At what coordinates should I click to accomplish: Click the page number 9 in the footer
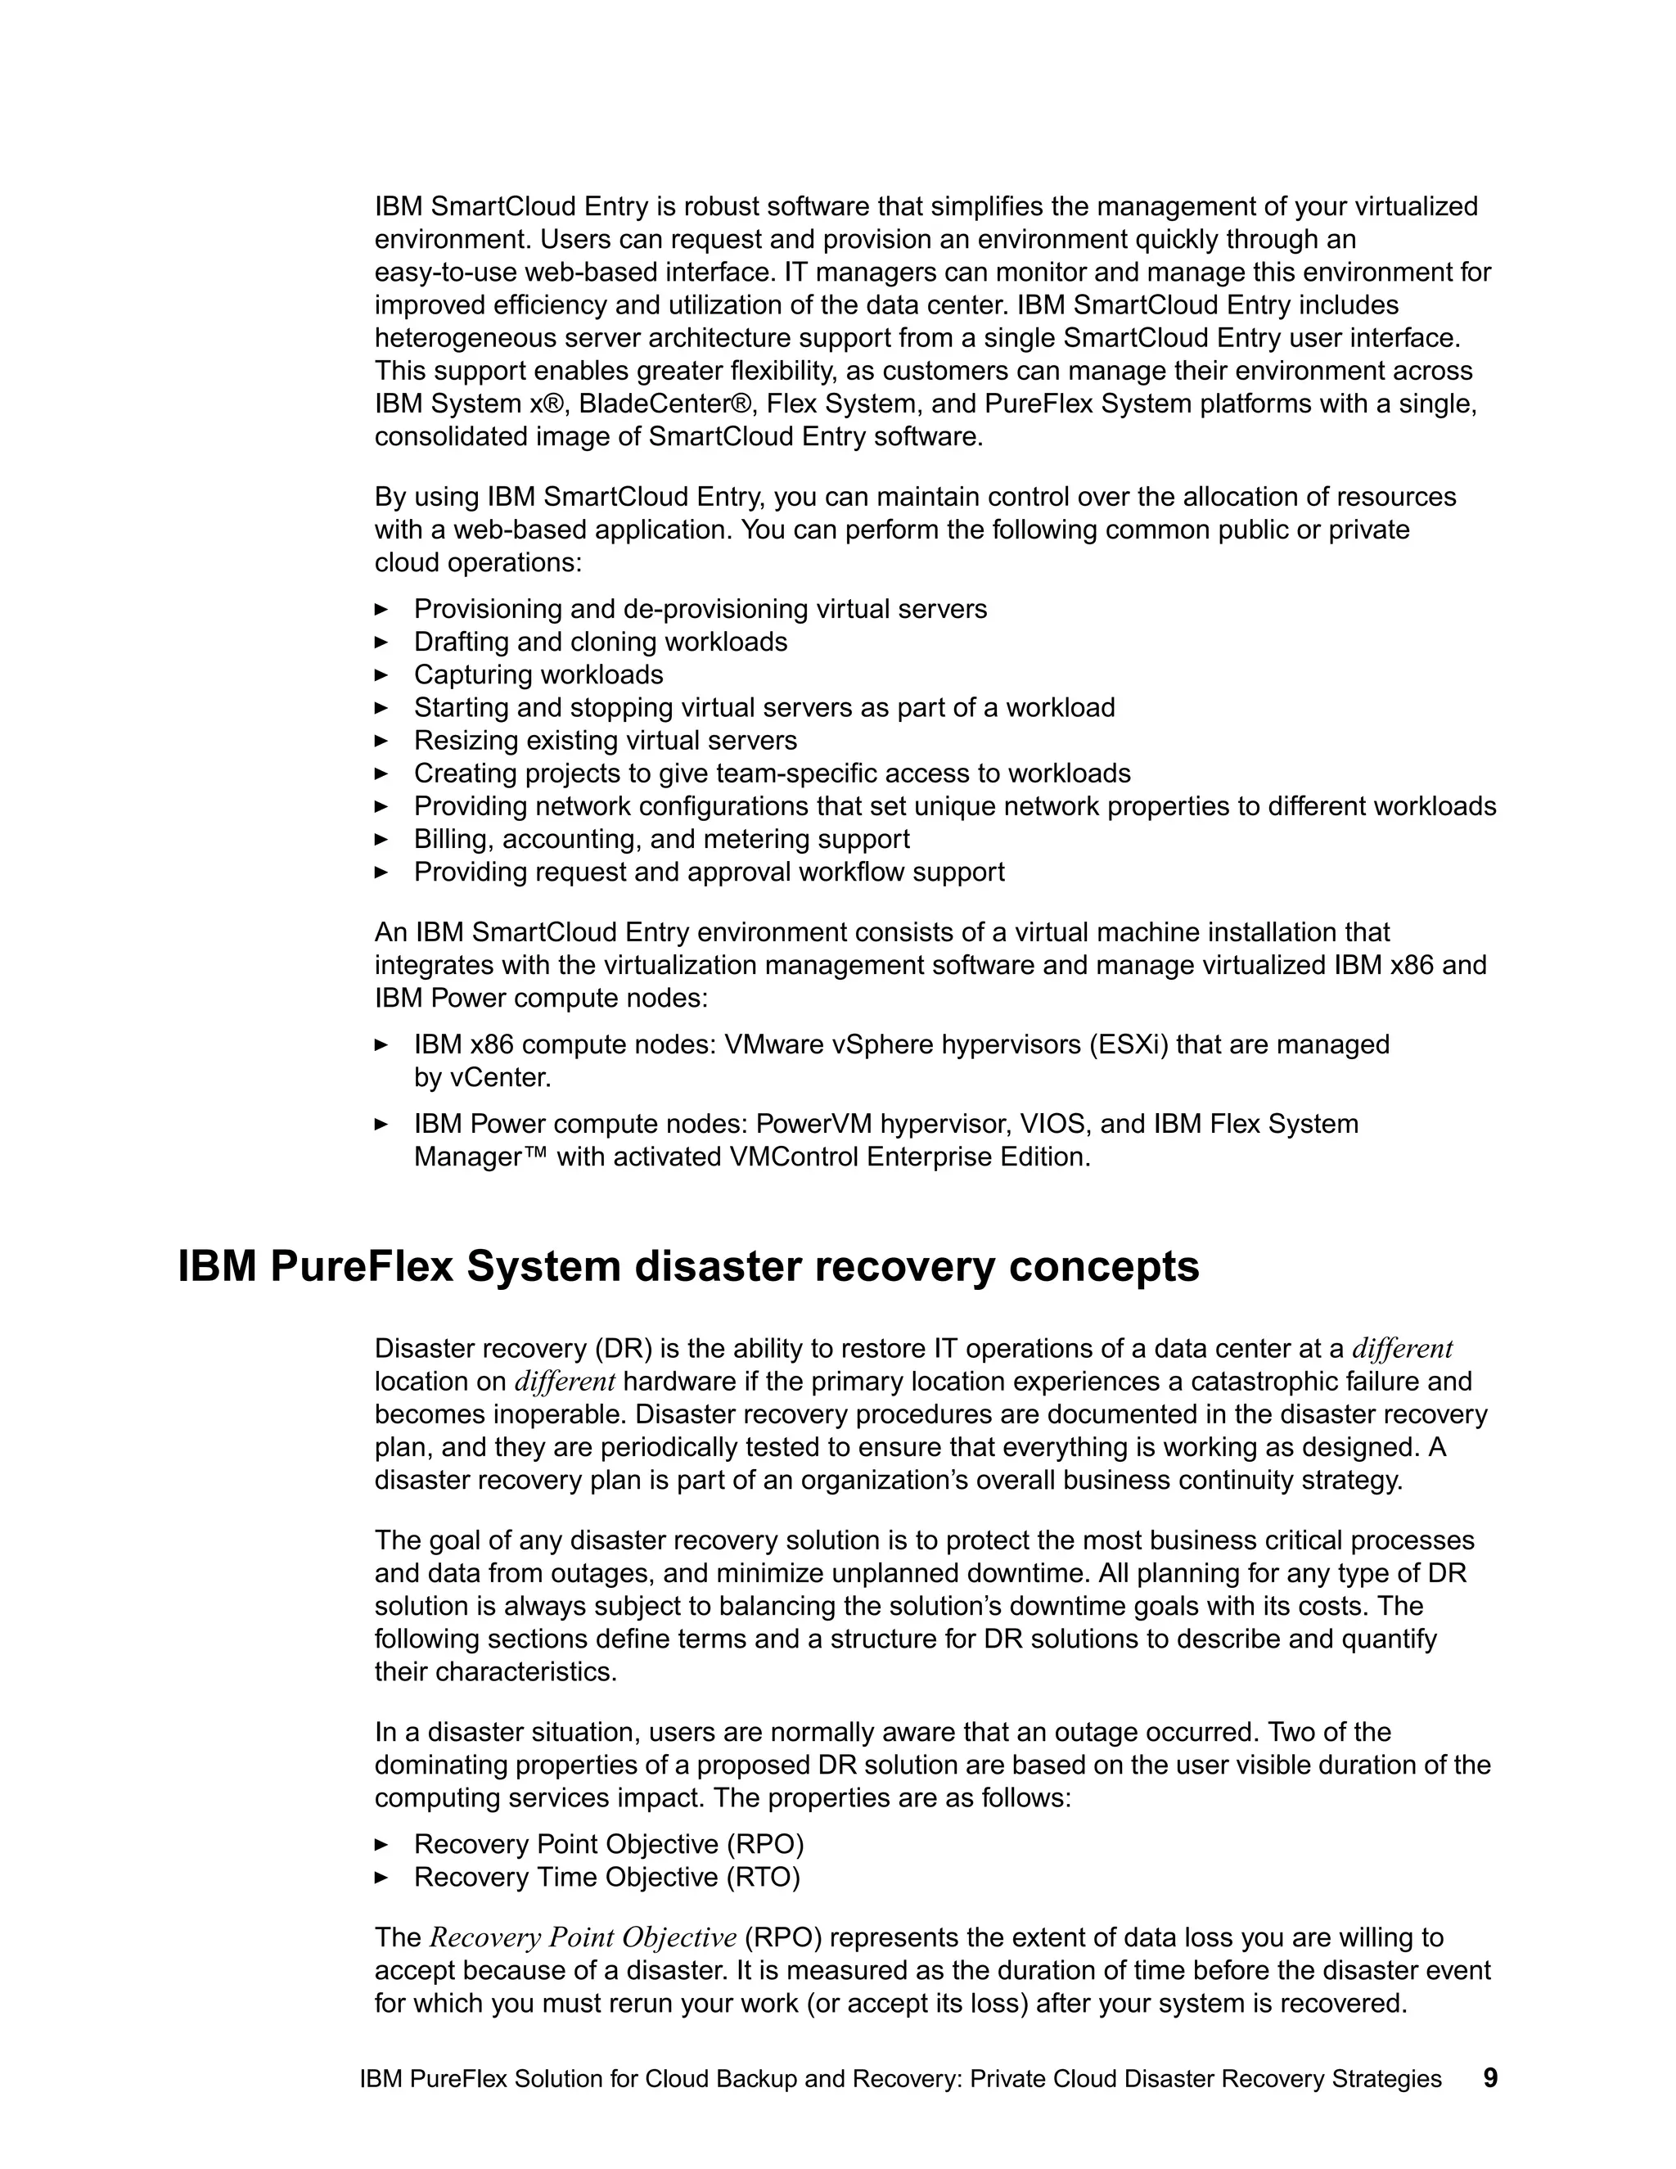[1489, 2077]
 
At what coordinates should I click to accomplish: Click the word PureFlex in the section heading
[358, 1267]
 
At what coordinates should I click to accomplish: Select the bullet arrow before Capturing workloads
[381, 674]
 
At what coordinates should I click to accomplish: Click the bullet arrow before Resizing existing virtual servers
[381, 740]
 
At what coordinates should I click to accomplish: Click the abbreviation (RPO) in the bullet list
[764, 1844]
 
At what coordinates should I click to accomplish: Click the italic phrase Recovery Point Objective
[583, 1937]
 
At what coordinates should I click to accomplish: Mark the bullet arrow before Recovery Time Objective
[381, 1877]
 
